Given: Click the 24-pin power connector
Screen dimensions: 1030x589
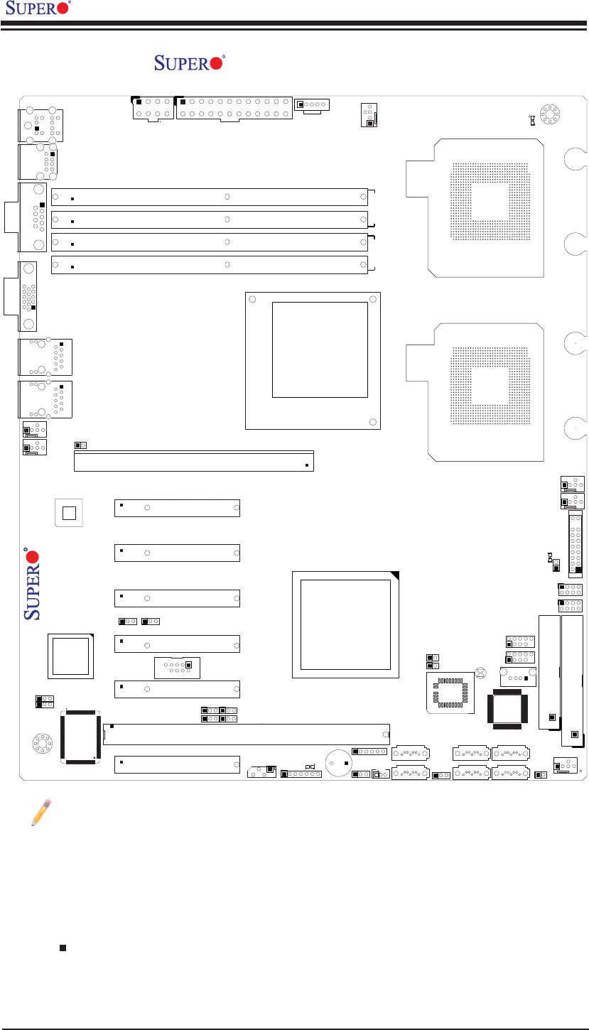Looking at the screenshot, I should pyautogui.click(x=234, y=107).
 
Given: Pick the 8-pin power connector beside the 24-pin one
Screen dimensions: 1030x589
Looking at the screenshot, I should pyautogui.click(x=152, y=107).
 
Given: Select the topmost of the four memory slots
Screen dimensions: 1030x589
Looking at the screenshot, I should pyautogui.click(x=210, y=197).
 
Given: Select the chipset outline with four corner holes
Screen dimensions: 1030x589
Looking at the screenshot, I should pyautogui.click(x=313, y=360).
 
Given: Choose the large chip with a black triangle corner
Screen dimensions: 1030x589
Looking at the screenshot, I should pyautogui.click(x=346, y=624).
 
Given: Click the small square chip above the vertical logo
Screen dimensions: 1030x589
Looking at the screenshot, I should pyautogui.click(x=68, y=512).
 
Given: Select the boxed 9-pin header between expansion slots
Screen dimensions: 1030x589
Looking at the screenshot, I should pyautogui.click(x=177, y=668).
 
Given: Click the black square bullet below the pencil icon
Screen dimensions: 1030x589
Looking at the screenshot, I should pyautogui.click(x=63, y=948).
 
